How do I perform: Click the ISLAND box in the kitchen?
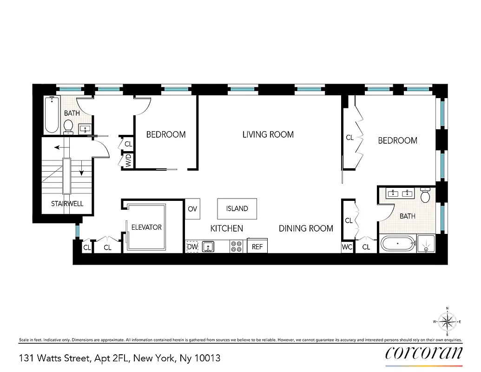237,209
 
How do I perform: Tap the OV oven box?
192,209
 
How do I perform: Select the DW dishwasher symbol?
192,247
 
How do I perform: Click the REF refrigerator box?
257,247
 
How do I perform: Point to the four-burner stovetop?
237,246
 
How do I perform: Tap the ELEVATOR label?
146,227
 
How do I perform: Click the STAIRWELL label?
67,204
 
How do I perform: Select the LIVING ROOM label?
268,134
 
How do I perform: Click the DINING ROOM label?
306,228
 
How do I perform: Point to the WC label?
347,247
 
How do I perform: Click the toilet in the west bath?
69,126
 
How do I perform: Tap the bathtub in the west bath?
52,114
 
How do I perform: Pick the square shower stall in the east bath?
426,244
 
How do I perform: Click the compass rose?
447,321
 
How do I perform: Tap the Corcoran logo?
424,353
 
